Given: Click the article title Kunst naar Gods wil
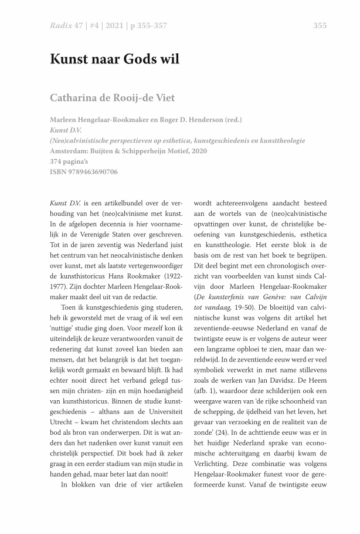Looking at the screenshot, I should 114,59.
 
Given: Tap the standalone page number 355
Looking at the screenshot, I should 320,25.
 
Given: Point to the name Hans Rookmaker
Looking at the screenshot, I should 137,275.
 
